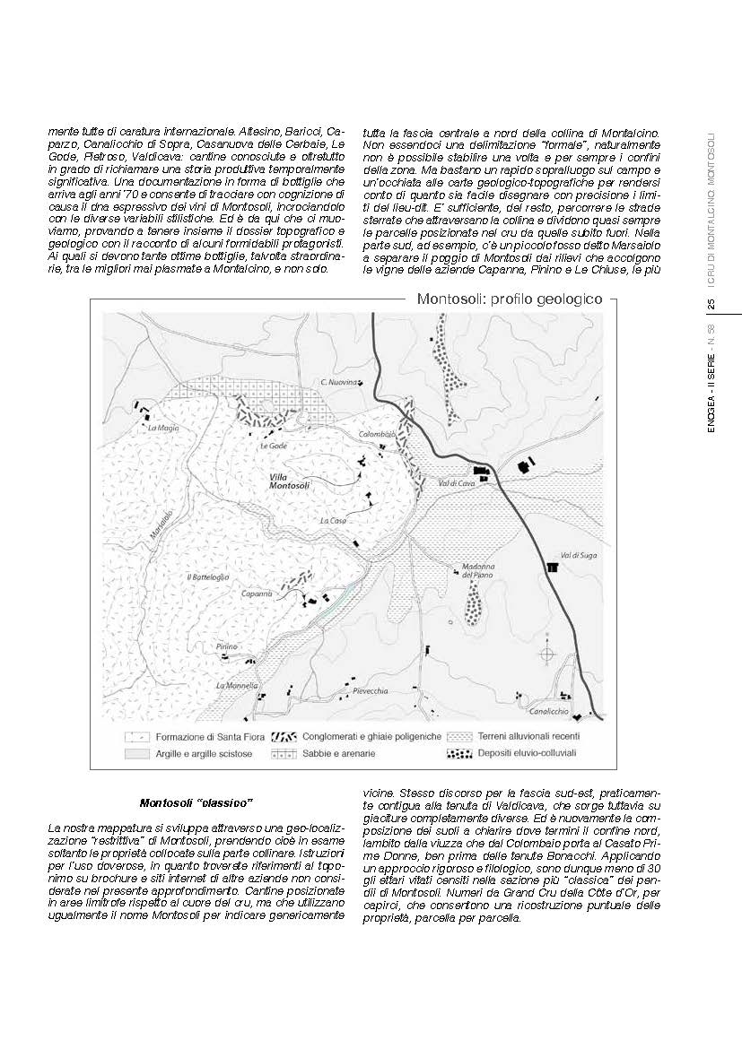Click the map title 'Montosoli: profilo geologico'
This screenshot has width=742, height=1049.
509,300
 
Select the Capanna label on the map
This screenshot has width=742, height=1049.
256,594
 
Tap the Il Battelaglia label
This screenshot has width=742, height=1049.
207,577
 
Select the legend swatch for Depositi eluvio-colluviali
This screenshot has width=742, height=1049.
459,754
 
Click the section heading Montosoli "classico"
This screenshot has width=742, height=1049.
197,802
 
